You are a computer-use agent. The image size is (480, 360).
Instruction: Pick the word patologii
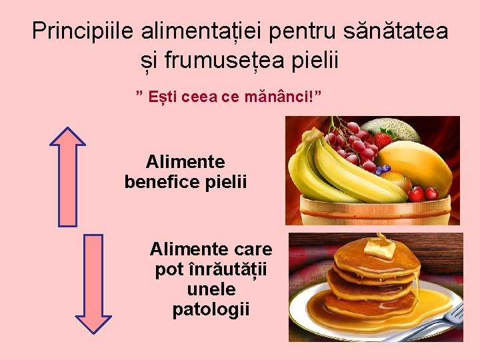click(211, 309)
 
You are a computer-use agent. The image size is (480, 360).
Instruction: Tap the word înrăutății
click(211, 270)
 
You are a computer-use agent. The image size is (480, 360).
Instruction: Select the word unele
click(211, 289)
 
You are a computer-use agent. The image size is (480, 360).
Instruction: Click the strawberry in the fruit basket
click(383, 139)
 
